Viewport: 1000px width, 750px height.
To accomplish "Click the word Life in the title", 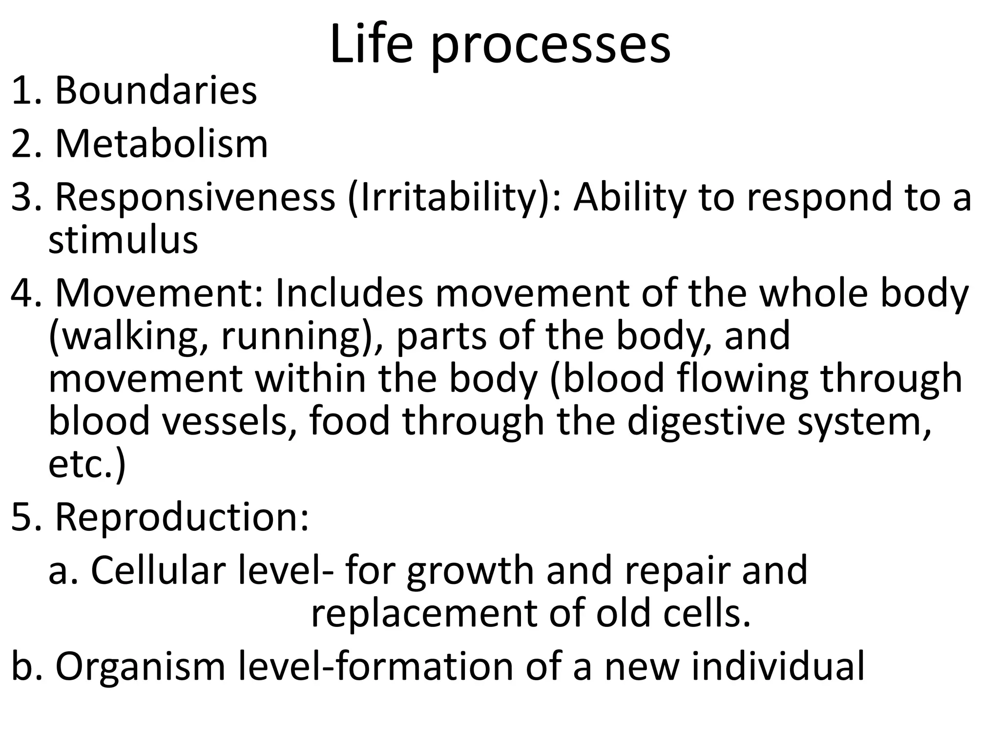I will coord(371,45).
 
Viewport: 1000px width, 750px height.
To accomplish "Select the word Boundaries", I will coord(156,91).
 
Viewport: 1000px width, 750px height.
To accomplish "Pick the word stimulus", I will coord(123,240).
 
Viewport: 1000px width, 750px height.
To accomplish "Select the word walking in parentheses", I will coord(129,337).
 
